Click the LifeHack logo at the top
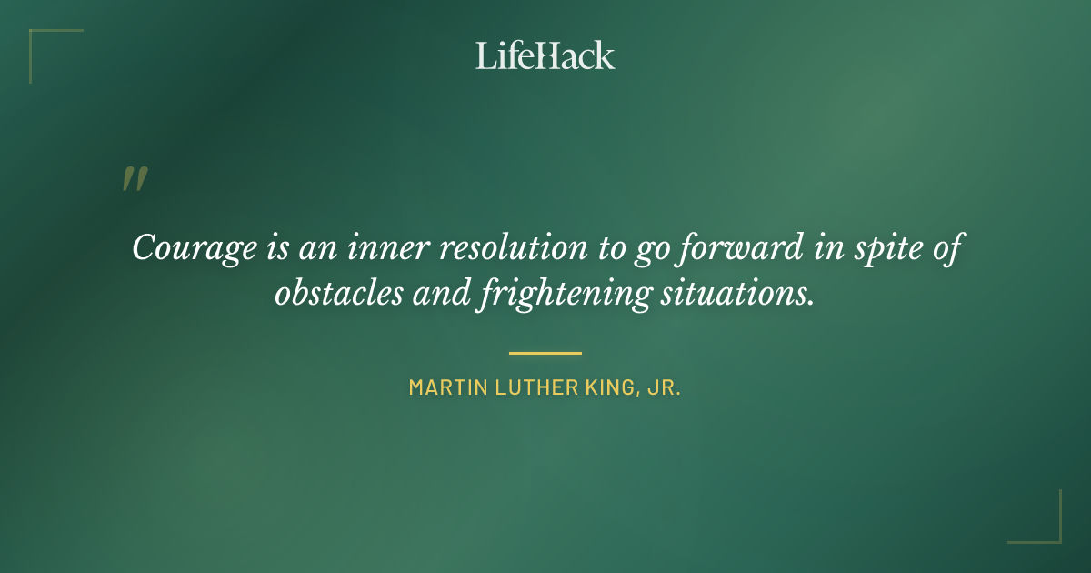(545, 56)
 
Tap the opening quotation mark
(135, 179)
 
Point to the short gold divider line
(545, 353)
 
